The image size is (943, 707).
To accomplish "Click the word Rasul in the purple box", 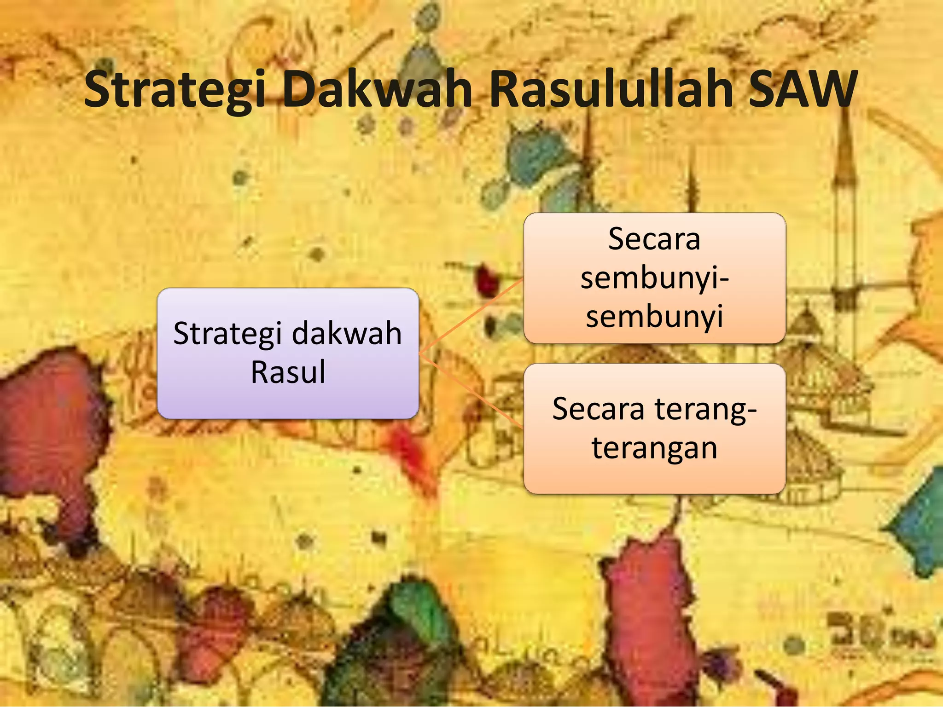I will pos(288,372).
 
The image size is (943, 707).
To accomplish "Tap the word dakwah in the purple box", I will pos(347,333).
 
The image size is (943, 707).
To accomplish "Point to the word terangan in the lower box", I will pos(654,447).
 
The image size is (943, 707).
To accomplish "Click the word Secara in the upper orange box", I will pos(654,239).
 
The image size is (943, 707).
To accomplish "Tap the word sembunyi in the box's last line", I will pos(654,317).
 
